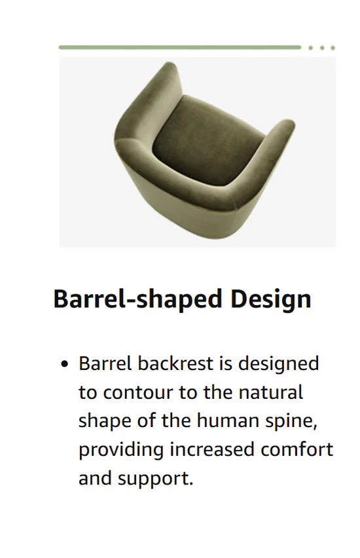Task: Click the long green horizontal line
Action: (x=179, y=47)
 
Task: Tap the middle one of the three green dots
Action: (x=322, y=48)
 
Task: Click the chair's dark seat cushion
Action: (x=208, y=141)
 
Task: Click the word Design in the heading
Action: (x=271, y=299)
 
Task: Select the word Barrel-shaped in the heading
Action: (x=137, y=299)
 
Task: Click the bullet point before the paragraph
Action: (x=64, y=364)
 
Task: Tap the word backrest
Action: (x=175, y=363)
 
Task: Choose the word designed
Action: (x=279, y=364)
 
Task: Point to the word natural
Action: (x=271, y=392)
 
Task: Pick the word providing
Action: (x=121, y=450)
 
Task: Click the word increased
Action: (x=212, y=449)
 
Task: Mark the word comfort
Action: (x=297, y=449)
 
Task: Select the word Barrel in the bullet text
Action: (x=105, y=363)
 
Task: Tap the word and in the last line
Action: (x=95, y=478)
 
